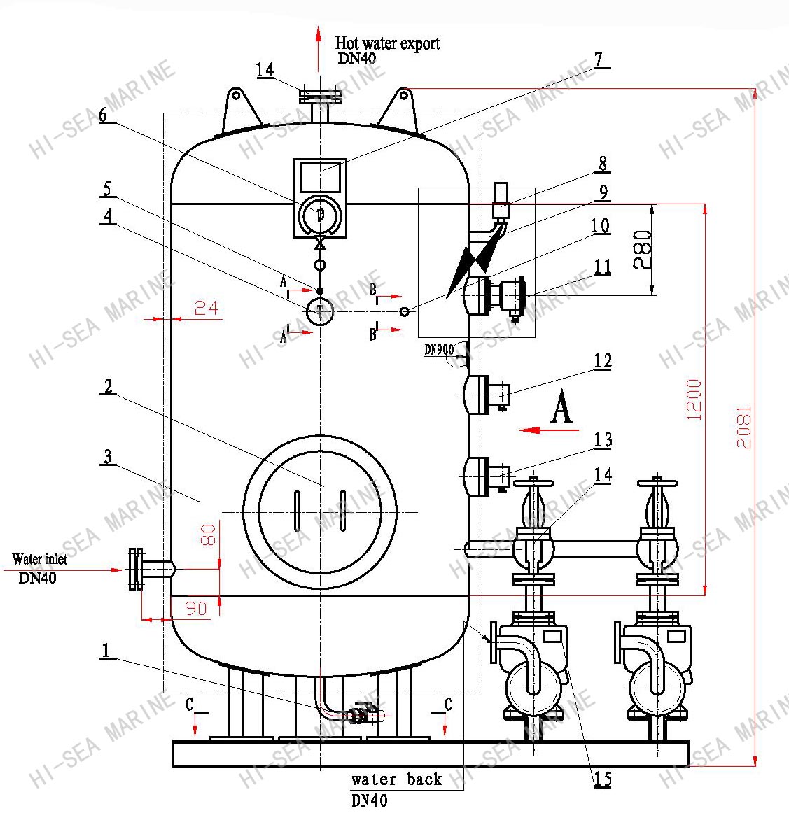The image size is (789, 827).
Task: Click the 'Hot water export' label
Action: tap(387, 43)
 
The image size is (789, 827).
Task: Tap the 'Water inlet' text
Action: tap(39, 560)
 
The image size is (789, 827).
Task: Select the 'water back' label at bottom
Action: tap(396, 779)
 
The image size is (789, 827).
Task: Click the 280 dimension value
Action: tap(642, 250)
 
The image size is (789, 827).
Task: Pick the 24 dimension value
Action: tap(206, 308)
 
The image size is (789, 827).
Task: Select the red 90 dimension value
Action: tap(195, 608)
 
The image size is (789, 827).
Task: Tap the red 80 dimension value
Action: tap(208, 535)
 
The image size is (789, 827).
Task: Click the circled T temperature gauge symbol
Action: tap(320, 311)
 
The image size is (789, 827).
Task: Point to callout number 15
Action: tap(602, 779)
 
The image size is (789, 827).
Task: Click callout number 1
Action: tap(106, 651)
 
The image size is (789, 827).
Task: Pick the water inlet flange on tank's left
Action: tap(136, 570)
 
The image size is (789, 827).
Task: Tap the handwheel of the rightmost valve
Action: tap(657, 482)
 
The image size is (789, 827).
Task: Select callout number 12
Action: tap(602, 361)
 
